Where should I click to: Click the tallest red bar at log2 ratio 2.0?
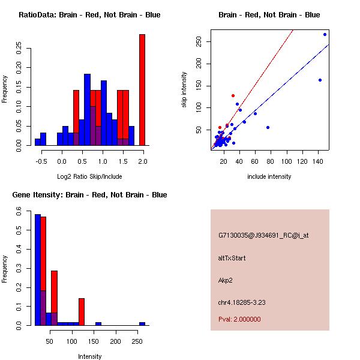[142, 90]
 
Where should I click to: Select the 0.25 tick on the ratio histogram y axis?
[20, 47]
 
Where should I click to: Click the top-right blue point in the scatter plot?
[325, 34]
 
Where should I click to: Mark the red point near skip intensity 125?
[233, 95]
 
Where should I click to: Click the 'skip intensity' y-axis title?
[185, 90]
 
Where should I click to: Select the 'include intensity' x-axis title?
[269, 176]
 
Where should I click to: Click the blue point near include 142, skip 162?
[320, 80]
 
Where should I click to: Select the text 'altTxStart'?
[232, 258]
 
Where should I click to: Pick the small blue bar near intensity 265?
[142, 323]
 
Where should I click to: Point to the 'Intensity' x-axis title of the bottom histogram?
[90, 356]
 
